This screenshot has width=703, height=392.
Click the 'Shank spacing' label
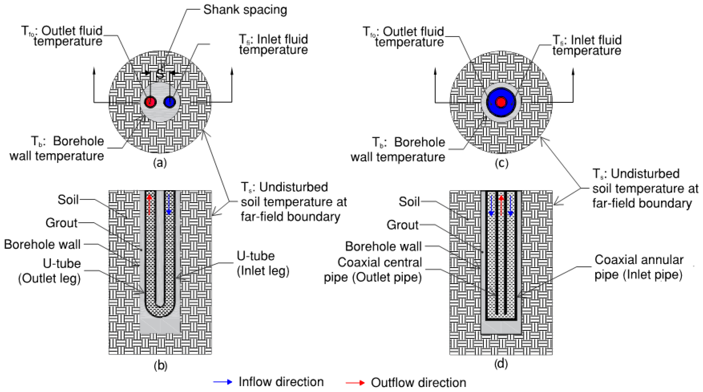245,10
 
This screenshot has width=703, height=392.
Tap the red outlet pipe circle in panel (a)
150,102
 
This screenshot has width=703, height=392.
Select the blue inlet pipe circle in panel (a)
170,102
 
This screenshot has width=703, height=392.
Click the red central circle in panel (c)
501,102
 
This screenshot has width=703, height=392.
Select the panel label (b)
160,365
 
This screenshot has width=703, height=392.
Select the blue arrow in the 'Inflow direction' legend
223,382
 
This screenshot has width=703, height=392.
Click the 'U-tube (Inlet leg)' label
263,263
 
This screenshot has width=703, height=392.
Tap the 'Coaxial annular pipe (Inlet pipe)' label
639,267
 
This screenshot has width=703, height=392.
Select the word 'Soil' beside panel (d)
409,202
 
